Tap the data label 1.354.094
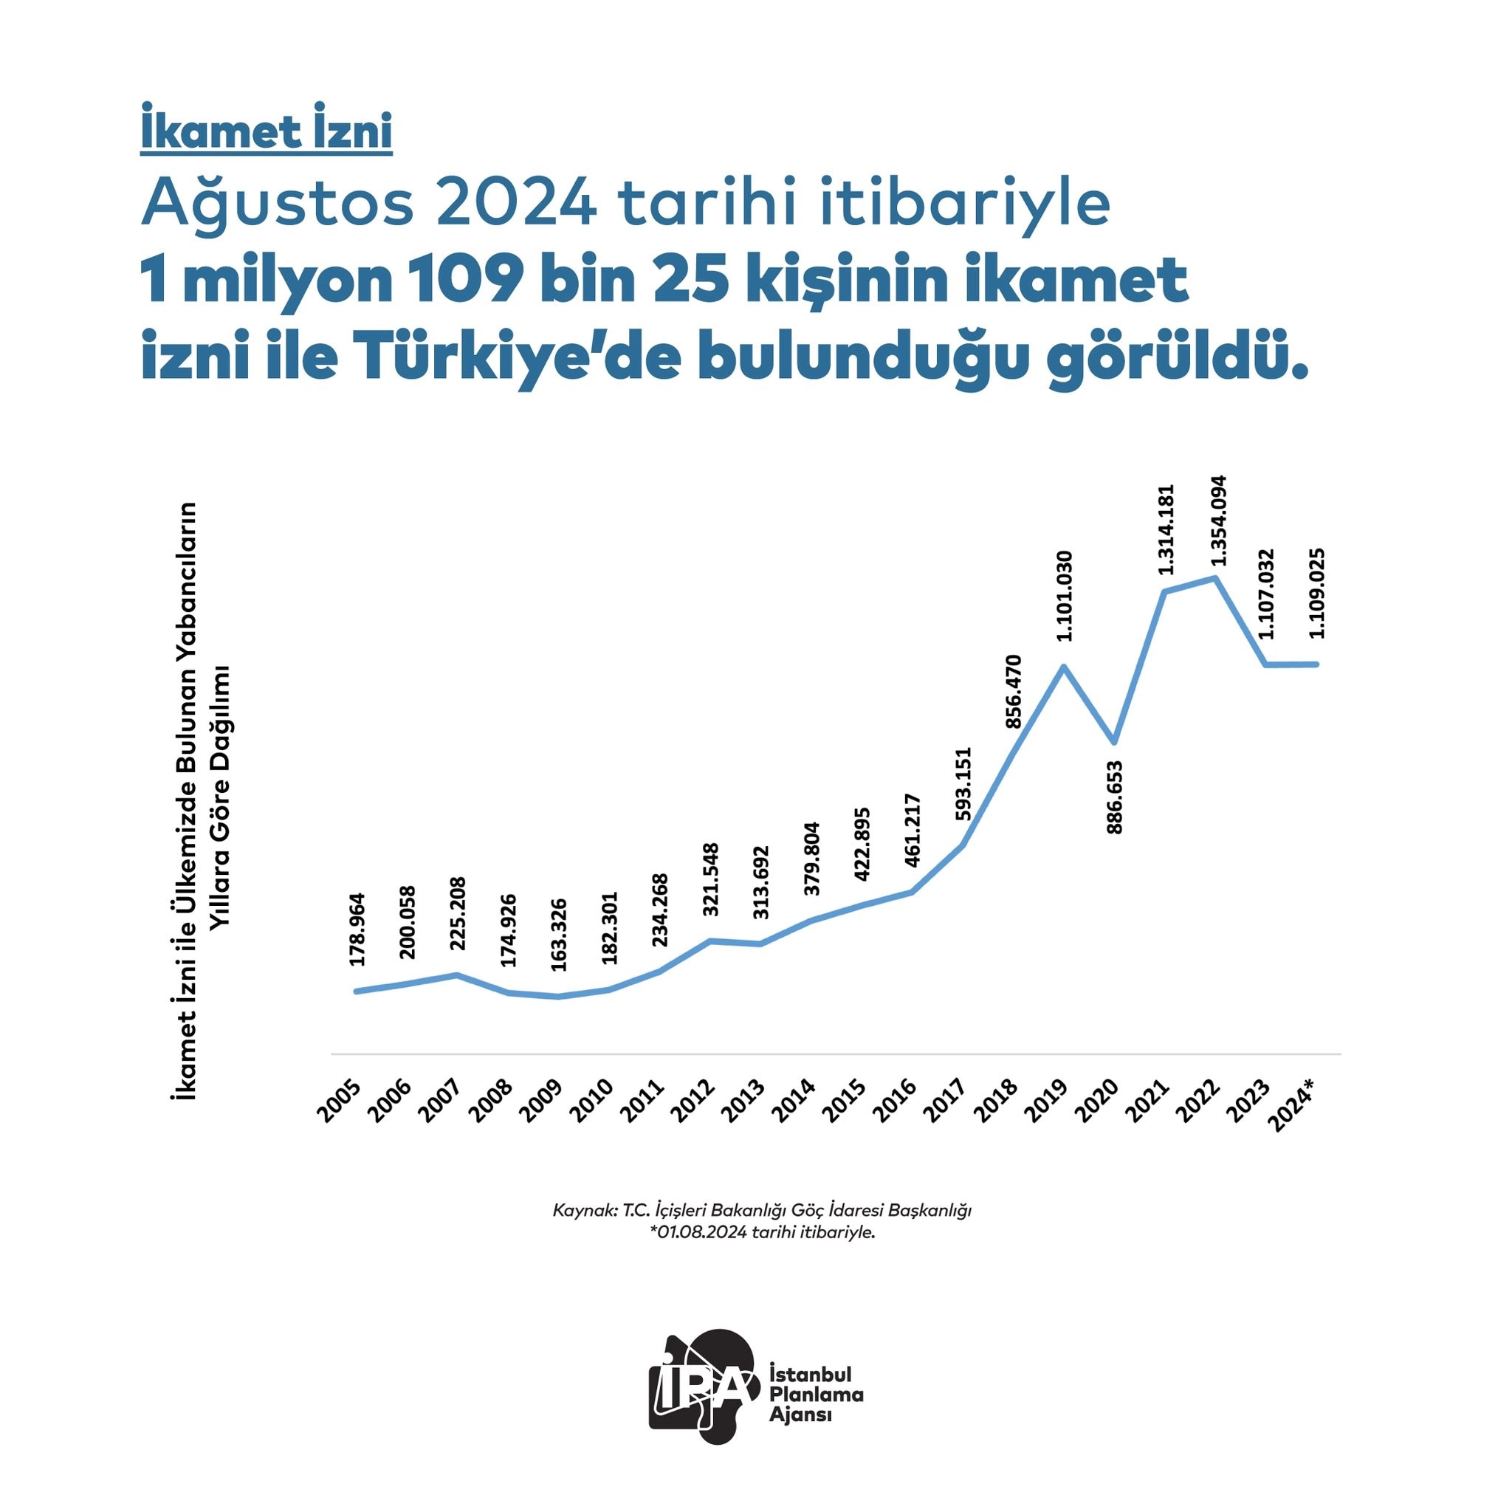tap(1217, 520)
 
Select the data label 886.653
tap(1116, 797)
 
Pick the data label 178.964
tap(357, 929)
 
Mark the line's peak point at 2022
tap(1215, 578)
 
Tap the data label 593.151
tap(963, 783)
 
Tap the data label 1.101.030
tap(1065, 596)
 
